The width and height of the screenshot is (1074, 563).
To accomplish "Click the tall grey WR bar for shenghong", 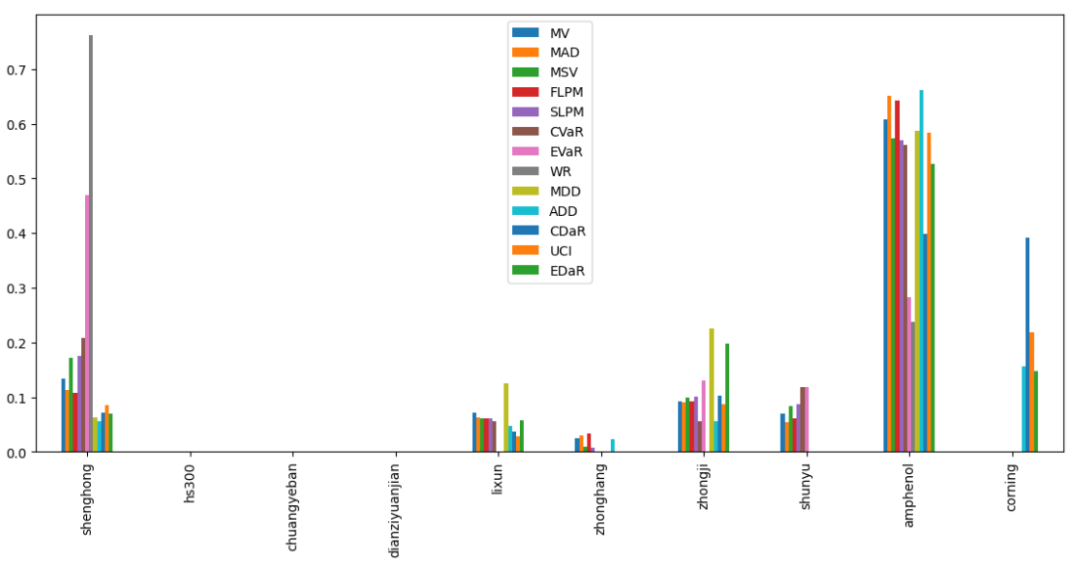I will pos(91,244).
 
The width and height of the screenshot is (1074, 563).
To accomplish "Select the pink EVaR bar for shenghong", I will pos(87,323).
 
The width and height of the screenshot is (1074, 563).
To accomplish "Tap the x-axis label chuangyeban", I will pos(292,502).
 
